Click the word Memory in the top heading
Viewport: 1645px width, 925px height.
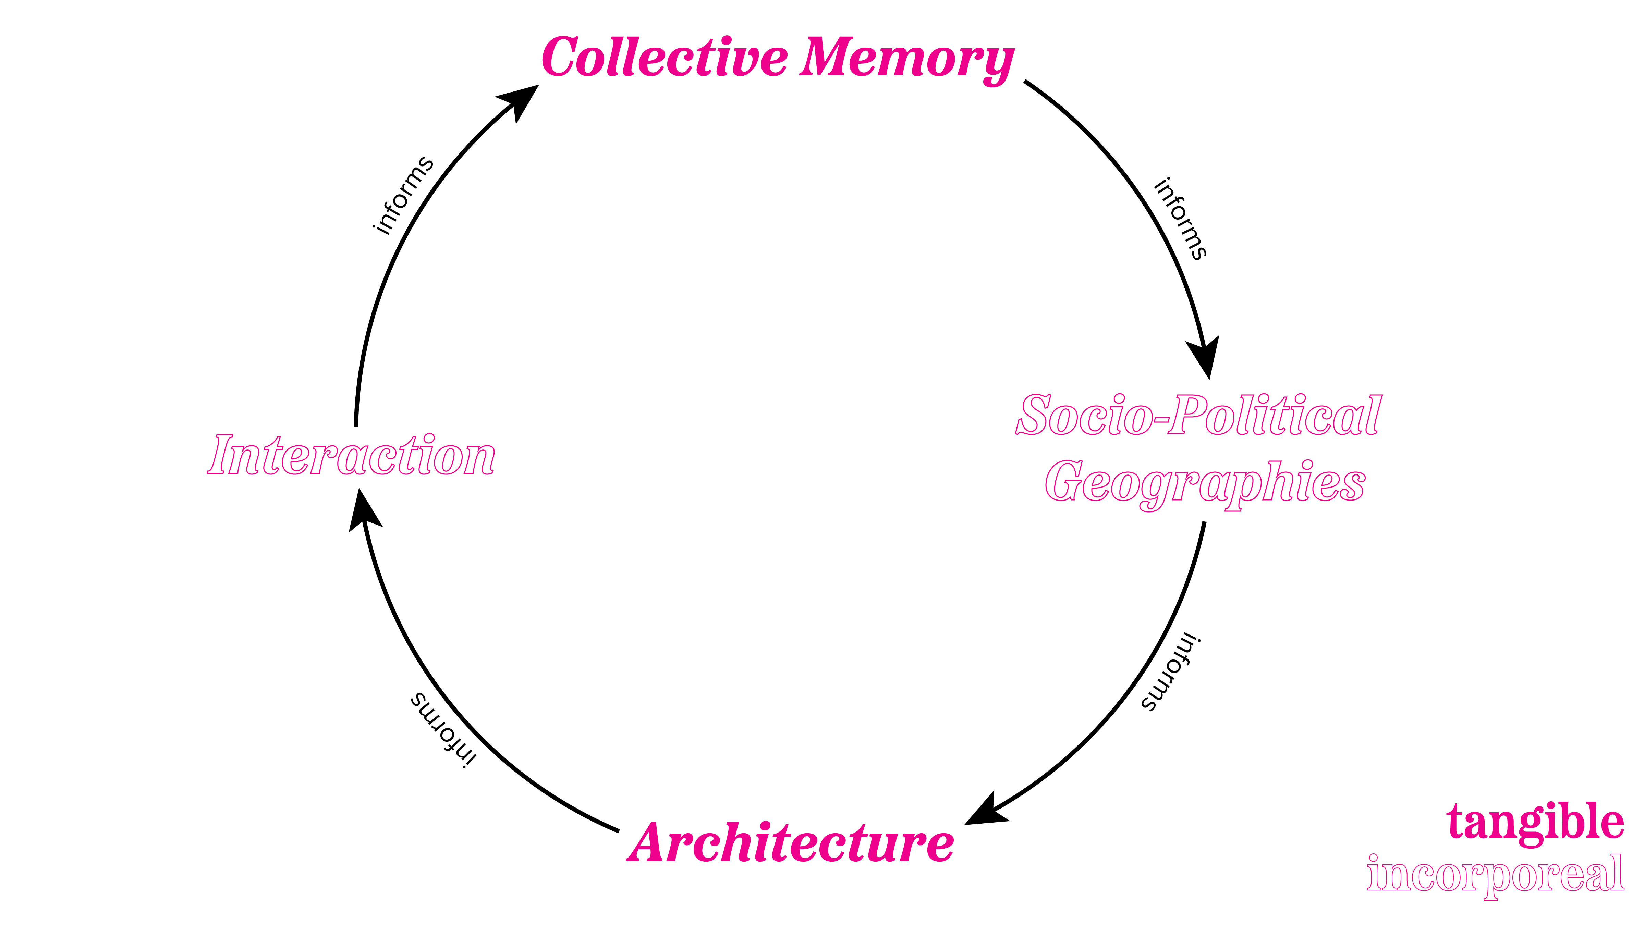[907, 59]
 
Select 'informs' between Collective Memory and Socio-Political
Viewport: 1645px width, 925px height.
[1180, 218]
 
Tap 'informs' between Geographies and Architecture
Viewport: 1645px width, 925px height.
[1171, 672]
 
